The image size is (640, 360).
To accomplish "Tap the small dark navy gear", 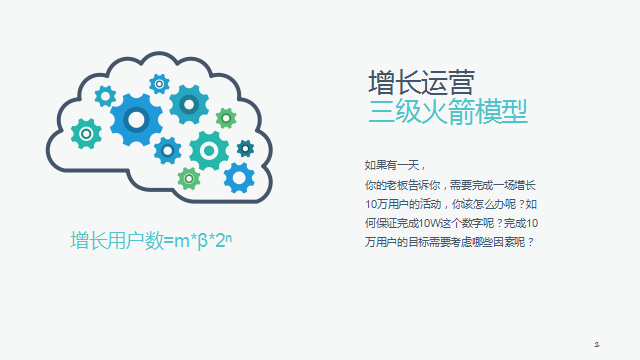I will tap(245, 148).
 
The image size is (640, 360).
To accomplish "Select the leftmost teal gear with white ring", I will tap(87, 133).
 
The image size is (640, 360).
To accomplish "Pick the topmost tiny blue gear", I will tap(158, 83).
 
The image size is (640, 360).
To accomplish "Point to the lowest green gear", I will tap(189, 178).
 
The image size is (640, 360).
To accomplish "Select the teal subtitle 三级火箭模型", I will tap(447, 109).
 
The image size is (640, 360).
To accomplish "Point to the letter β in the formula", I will tap(200, 240).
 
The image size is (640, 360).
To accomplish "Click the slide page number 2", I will tap(596, 343).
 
